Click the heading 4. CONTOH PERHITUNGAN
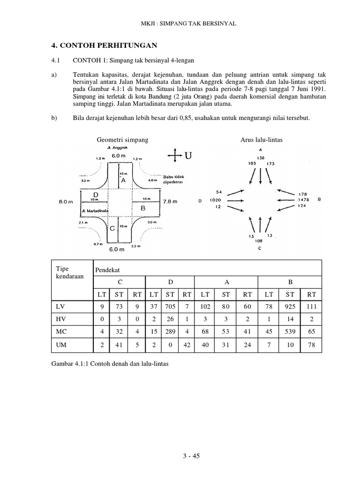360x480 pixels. (x=104, y=45)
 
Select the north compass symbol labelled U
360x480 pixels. (x=180, y=156)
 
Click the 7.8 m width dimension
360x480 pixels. (x=169, y=202)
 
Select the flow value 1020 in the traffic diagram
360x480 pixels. (x=215, y=200)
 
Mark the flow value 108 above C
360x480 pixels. (x=259, y=241)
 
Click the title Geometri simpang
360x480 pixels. (x=122, y=140)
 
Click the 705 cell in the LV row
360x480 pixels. (x=173, y=307)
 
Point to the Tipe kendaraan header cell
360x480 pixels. (x=69, y=272)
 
